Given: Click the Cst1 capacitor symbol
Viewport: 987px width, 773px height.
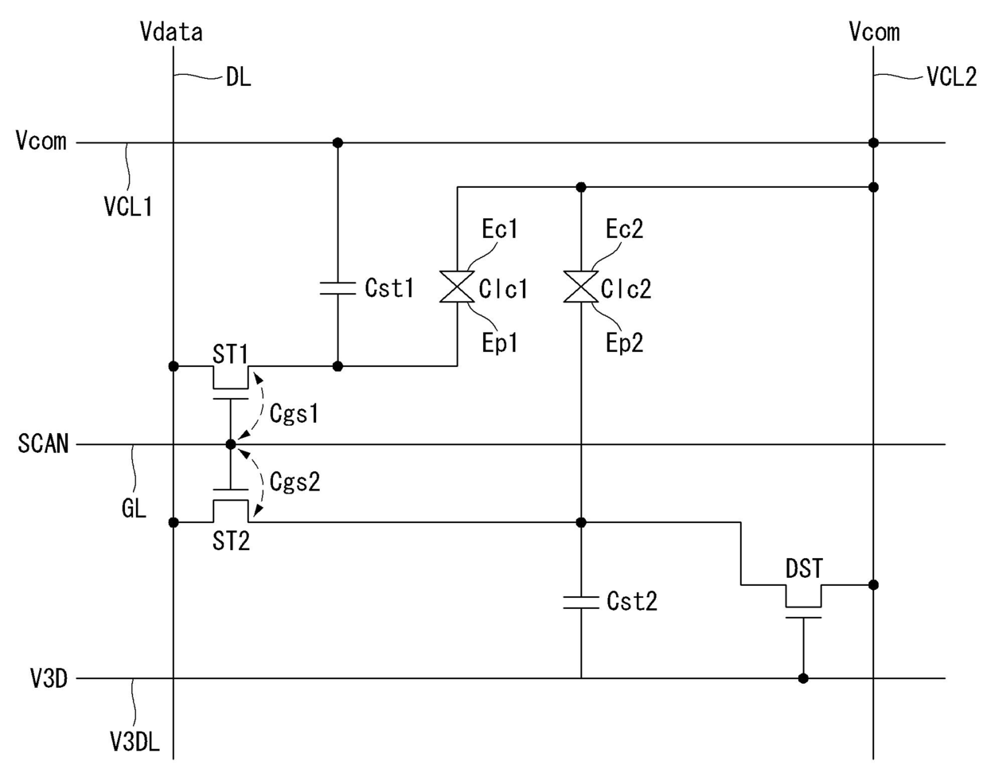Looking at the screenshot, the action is tap(337, 288).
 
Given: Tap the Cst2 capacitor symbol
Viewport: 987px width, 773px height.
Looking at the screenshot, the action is tap(581, 602).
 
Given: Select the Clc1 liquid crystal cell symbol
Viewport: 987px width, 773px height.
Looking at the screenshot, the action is tap(457, 287).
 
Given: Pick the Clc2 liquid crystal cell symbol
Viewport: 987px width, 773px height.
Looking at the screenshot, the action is tap(581, 287).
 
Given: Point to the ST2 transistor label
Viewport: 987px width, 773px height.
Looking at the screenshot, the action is tap(231, 541).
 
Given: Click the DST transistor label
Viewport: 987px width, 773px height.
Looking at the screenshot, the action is tap(804, 568).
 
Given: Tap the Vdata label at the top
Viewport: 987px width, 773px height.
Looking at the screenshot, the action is tap(171, 32).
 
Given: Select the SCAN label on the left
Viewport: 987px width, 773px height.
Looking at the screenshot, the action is tap(43, 443).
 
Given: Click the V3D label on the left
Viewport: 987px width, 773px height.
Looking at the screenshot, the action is tap(49, 679).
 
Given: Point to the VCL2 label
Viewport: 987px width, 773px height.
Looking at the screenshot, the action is tap(952, 76).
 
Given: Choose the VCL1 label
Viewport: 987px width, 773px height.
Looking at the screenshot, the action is tap(128, 207).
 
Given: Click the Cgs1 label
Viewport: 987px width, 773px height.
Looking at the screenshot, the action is tap(295, 414).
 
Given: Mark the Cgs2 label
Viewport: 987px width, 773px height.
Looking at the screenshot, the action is tap(295, 482).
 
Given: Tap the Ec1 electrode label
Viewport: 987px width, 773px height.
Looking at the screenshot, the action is tap(500, 229).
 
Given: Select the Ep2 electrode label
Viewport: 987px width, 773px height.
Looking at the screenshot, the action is tap(625, 343).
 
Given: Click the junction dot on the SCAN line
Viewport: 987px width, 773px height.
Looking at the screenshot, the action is tap(231, 444).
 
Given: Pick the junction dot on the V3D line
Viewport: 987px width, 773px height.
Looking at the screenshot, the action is tap(803, 678).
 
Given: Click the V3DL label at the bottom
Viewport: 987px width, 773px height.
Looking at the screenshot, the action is tap(135, 743).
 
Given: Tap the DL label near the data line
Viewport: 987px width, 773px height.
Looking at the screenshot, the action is tap(239, 78).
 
